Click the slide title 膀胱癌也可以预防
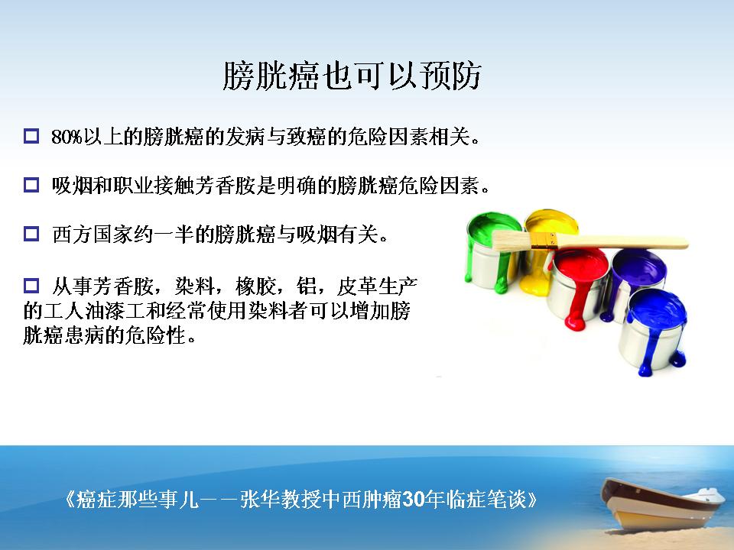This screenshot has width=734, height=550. click(x=352, y=76)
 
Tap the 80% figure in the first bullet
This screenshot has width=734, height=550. click(x=67, y=137)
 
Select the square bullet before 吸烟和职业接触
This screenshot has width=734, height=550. click(x=31, y=185)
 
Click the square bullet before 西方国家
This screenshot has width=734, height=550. click(x=31, y=234)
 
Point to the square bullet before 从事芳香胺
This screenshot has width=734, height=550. click(x=31, y=285)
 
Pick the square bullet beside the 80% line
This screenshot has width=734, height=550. click(x=31, y=136)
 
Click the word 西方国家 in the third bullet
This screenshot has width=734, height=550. click(x=93, y=234)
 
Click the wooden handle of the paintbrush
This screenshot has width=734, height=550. click(x=622, y=242)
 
